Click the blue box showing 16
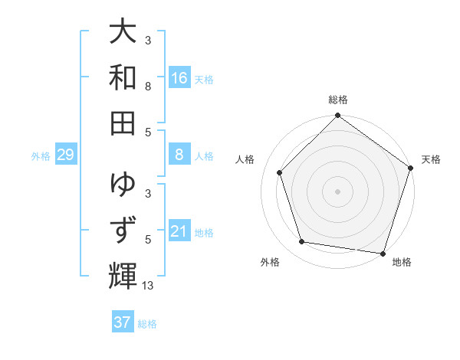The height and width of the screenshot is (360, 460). click(179, 78)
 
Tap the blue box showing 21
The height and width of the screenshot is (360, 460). click(179, 231)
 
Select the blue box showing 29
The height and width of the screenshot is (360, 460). click(66, 155)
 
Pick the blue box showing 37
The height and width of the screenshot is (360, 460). click(123, 322)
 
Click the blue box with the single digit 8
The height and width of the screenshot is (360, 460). click(179, 155)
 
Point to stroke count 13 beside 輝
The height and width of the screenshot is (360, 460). click(149, 286)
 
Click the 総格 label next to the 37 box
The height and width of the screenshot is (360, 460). click(147, 324)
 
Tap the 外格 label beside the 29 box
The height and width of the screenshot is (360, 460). click(41, 156)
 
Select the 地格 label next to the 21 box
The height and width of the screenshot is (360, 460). click(204, 232)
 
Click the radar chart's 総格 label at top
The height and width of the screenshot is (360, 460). click(338, 100)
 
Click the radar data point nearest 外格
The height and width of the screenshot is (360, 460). click(302, 242)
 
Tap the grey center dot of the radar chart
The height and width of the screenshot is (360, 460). click(338, 191)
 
